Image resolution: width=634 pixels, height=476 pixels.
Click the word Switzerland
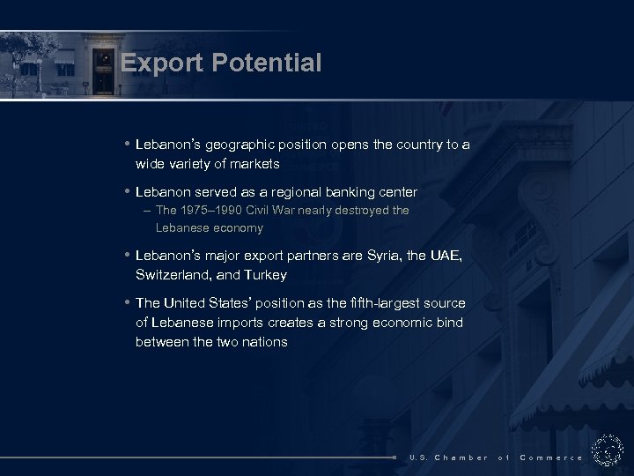[173, 274]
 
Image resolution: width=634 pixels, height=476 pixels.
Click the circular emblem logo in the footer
[608, 450]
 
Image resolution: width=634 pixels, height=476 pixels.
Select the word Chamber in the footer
[461, 457]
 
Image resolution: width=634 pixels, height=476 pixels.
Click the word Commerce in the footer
[551, 457]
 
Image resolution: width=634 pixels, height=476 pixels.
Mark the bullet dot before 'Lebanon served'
[128, 191]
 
